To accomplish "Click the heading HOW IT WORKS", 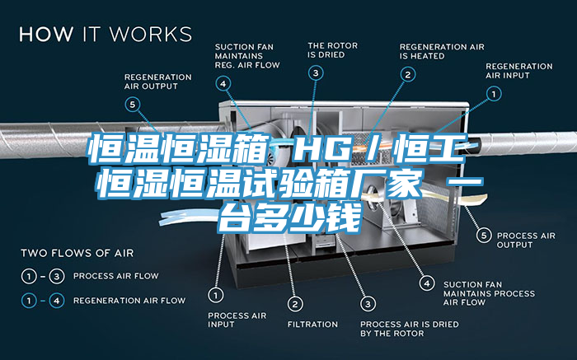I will point(106,35).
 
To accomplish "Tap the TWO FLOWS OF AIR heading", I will point(77,252).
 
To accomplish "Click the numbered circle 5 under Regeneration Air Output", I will point(133,104).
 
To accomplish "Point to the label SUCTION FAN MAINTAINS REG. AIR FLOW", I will point(246,55).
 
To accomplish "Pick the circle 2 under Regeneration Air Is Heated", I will point(407,74).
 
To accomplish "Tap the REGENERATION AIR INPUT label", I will point(518,71).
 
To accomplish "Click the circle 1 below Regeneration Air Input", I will point(494,95).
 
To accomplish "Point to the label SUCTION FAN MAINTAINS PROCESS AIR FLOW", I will point(489,293).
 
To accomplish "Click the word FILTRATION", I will point(312,324).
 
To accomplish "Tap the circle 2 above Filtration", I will point(296,304).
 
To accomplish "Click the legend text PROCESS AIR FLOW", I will point(115,275).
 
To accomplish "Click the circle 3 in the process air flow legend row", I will point(58,275).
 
